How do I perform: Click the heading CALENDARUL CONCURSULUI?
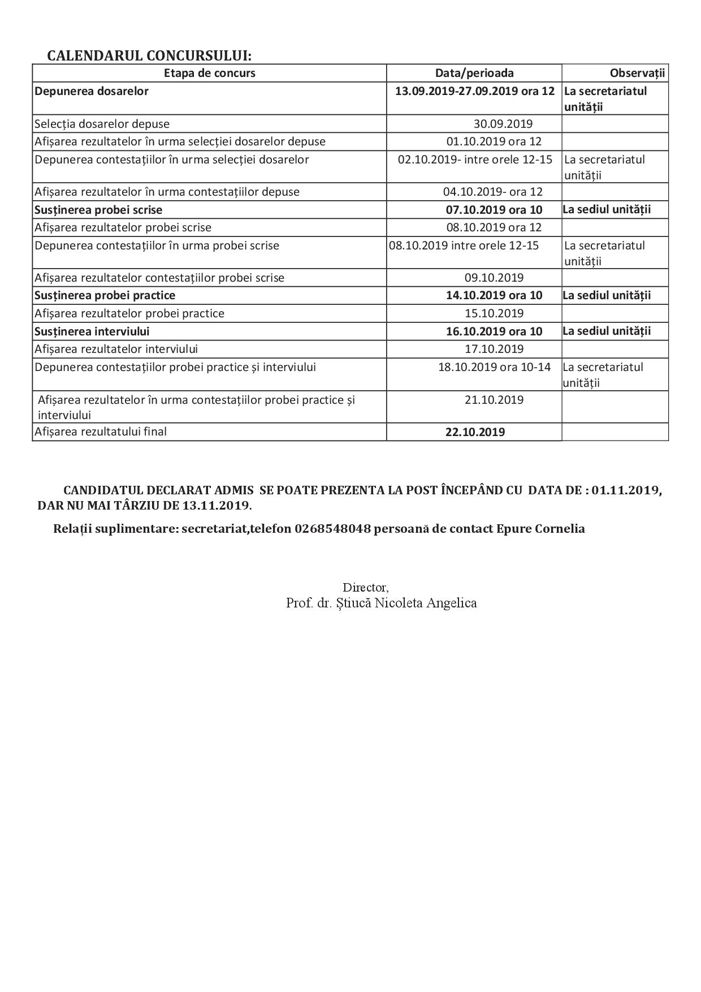149,55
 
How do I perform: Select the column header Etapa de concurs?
209,73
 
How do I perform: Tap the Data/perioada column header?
474,73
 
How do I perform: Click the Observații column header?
637,73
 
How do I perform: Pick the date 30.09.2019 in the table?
503,124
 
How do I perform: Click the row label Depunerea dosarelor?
92,91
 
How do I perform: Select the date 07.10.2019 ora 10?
494,210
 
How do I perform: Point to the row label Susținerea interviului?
92,331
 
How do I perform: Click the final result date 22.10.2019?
475,432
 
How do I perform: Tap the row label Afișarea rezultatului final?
101,432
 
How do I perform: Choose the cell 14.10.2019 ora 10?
494,295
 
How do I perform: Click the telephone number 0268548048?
332,529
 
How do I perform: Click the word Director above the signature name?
365,588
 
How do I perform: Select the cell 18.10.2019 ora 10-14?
494,367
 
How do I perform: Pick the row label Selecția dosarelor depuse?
102,124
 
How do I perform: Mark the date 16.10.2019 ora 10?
494,331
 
